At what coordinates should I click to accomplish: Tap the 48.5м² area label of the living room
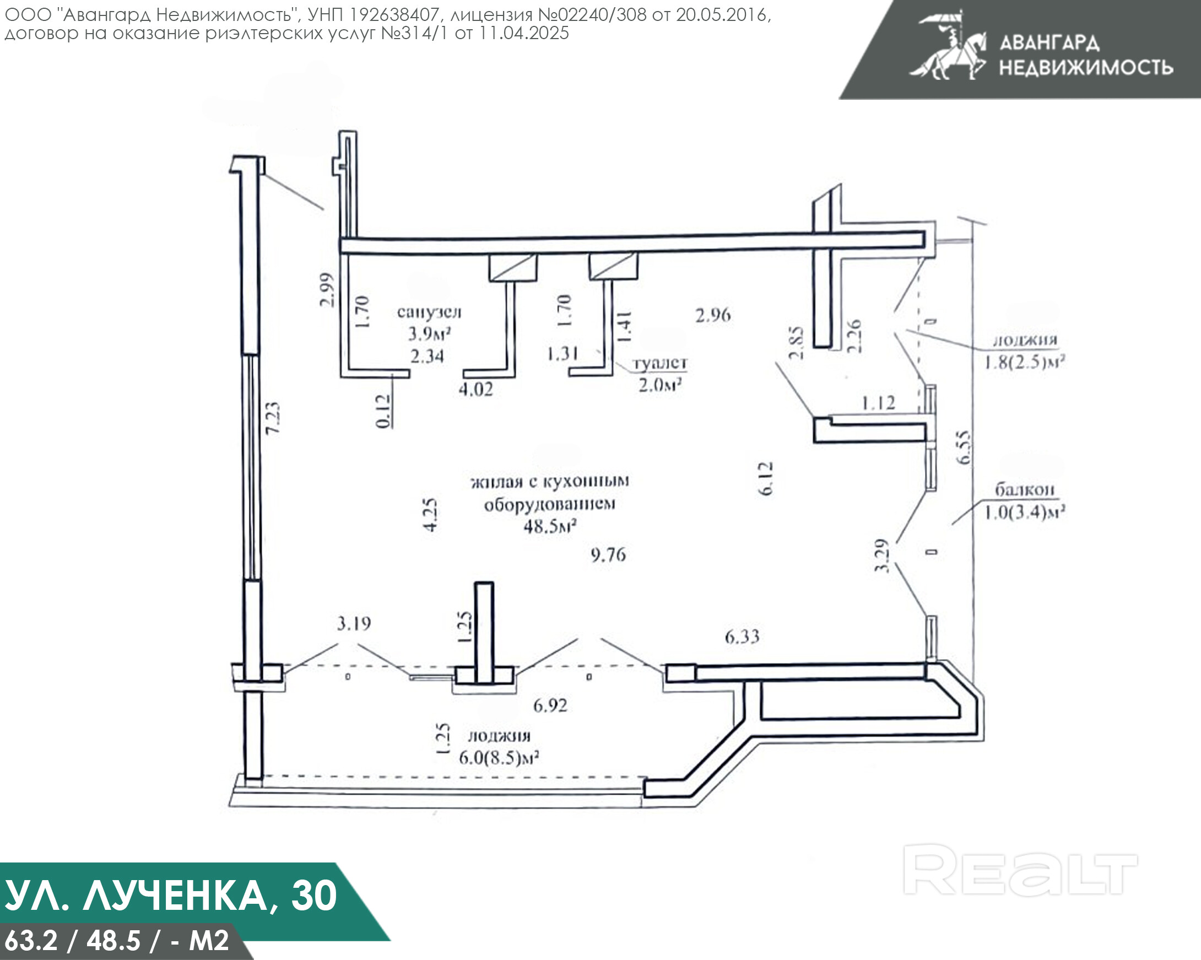tap(549, 526)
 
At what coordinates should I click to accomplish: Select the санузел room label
tap(429, 311)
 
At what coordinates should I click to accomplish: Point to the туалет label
tap(660, 363)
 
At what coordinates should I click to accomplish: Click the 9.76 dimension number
tap(608, 555)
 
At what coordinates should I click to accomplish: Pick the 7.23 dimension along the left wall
tap(273, 418)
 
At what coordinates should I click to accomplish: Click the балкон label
tap(1024, 489)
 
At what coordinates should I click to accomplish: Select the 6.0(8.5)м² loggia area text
tap(499, 758)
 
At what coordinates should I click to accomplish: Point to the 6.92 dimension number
tap(550, 705)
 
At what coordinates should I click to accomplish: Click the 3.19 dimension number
tap(354, 623)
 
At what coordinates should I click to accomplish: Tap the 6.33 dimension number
tap(742, 637)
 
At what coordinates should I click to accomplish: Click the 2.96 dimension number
tap(713, 315)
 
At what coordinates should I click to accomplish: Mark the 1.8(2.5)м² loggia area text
tap(1024, 363)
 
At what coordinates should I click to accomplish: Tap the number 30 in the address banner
tap(313, 896)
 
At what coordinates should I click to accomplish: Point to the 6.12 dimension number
tap(766, 478)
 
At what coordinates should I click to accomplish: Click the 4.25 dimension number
tap(430, 515)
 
